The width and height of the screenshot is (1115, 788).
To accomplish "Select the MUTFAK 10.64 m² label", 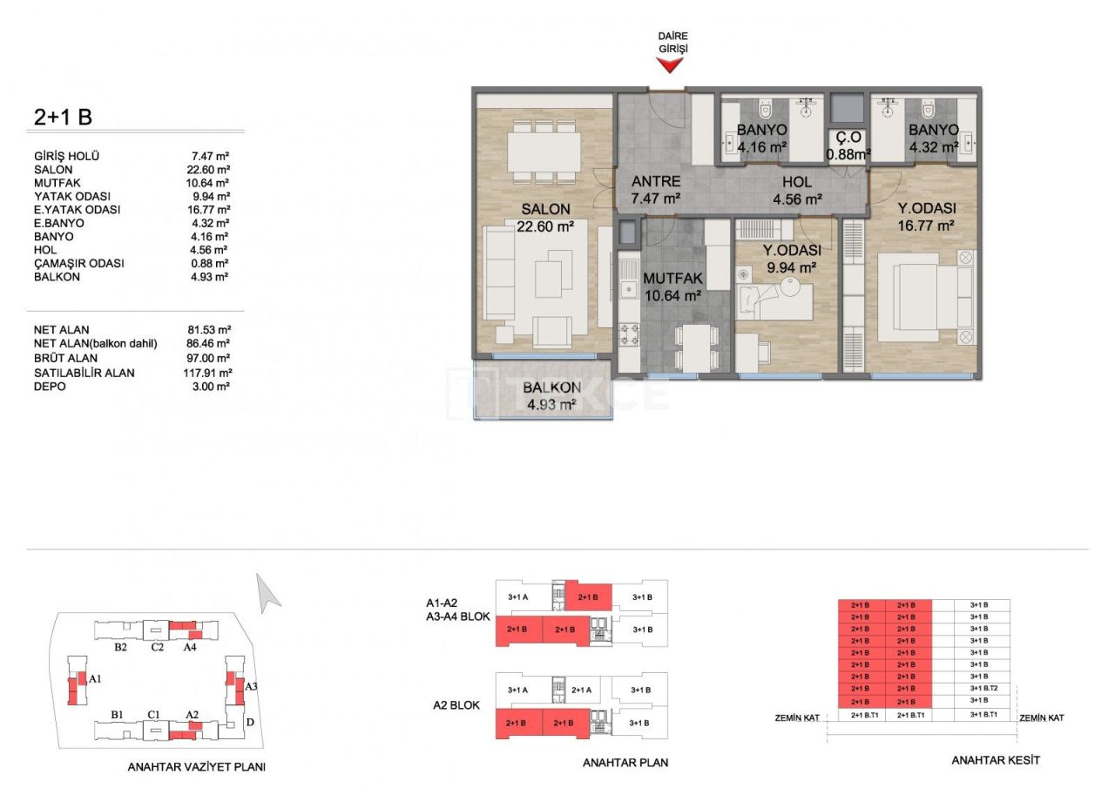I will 672,287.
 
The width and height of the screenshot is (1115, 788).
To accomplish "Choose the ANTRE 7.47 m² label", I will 656,190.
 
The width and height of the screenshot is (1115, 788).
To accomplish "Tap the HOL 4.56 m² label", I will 797,190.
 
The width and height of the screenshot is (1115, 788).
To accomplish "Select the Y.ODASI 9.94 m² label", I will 791,259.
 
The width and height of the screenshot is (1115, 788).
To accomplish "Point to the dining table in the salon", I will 544,153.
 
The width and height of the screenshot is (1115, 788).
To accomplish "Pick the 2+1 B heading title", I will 63,117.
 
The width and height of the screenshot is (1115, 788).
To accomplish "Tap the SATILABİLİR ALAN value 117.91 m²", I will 208,372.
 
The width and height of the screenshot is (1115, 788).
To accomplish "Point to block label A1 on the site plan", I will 96,678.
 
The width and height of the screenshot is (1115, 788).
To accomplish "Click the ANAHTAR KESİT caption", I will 996,760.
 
